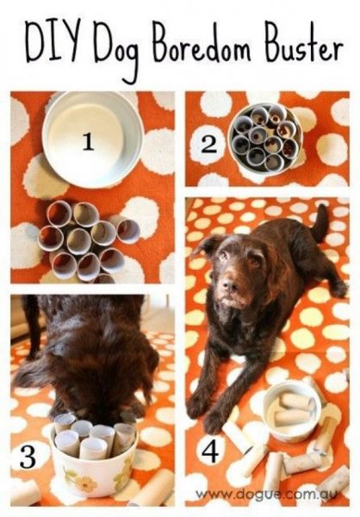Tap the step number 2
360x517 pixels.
pyautogui.click(x=208, y=146)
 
